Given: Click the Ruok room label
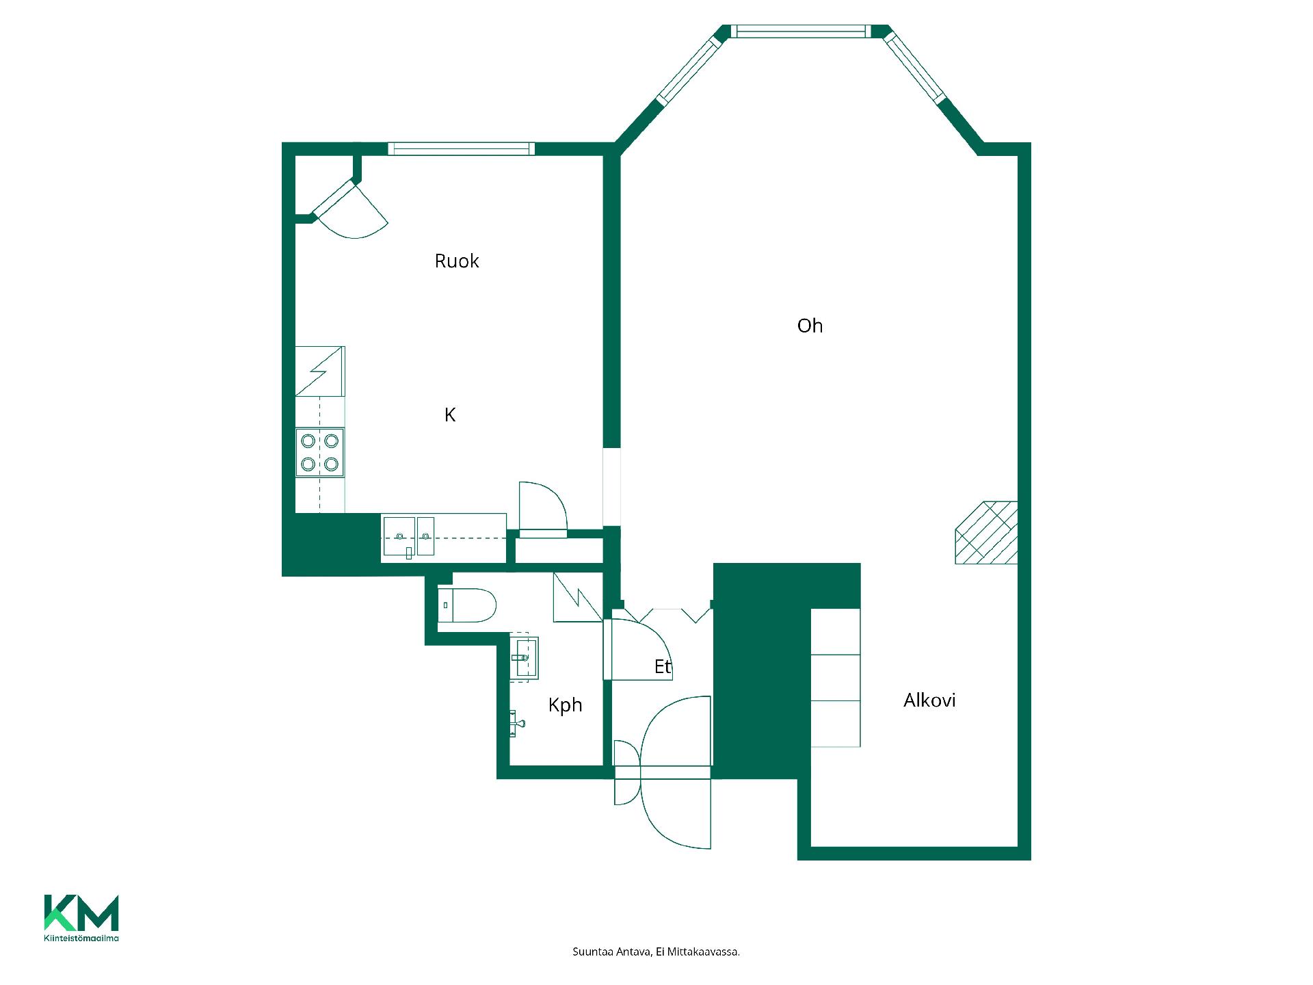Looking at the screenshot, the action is coord(457,261).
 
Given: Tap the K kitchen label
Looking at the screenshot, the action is coord(450,415).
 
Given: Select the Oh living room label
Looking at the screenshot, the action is coord(810,326).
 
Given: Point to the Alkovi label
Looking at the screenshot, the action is coord(929,700).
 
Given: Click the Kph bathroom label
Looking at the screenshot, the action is coord(565,705).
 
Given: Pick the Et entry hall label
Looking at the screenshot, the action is coord(663,666).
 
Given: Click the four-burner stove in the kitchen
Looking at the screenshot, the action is coord(320,452).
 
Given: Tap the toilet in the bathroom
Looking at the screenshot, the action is coord(466,605).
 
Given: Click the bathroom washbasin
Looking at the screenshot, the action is coord(525,657).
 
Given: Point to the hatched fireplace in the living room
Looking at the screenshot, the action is coord(986,532).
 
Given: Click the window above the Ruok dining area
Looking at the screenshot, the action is coord(462,148).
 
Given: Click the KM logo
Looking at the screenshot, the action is coord(81,912).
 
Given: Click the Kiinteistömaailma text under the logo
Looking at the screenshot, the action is coord(81,938).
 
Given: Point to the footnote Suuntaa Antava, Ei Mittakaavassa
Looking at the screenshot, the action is coord(656,951).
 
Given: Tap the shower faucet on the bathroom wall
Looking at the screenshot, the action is coord(517,722).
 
